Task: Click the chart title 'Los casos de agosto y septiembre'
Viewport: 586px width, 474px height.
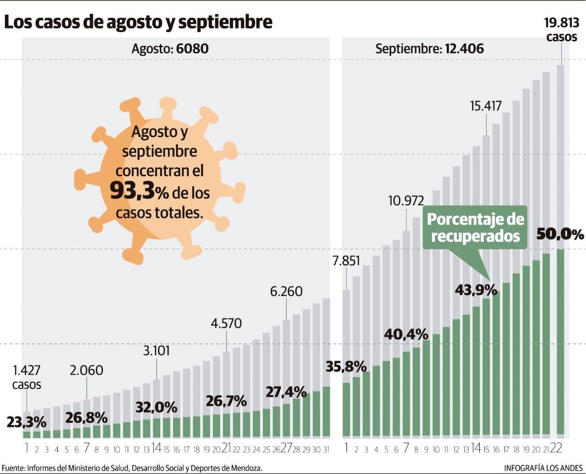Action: pyautogui.click(x=138, y=22)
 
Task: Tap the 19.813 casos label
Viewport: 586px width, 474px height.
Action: pyautogui.click(x=561, y=29)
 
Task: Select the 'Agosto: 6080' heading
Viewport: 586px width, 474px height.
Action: pyautogui.click(x=170, y=49)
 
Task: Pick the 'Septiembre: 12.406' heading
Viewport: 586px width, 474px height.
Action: pyautogui.click(x=429, y=49)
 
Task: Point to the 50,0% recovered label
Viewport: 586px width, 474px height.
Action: pyautogui.click(x=560, y=234)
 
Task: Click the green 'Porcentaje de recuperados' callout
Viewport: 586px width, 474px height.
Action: pyautogui.click(x=475, y=228)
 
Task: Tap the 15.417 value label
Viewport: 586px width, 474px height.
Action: pyautogui.click(x=486, y=106)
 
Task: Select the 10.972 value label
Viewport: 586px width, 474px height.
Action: pyautogui.click(x=406, y=201)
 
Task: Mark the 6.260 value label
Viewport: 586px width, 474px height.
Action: pyautogui.click(x=286, y=291)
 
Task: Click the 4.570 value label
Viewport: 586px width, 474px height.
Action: pyautogui.click(x=226, y=323)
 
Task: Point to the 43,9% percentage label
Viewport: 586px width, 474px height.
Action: pyautogui.click(x=476, y=290)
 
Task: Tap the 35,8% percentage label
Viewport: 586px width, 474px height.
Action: pyautogui.click(x=346, y=366)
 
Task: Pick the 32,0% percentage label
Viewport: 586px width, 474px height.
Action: pyautogui.click(x=156, y=407)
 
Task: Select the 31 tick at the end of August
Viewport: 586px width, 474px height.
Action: pyautogui.click(x=326, y=450)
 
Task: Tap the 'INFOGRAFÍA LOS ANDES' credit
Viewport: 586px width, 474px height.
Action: pyautogui.click(x=543, y=468)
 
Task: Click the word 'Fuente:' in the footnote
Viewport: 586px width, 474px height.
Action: pyautogui.click(x=13, y=468)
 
